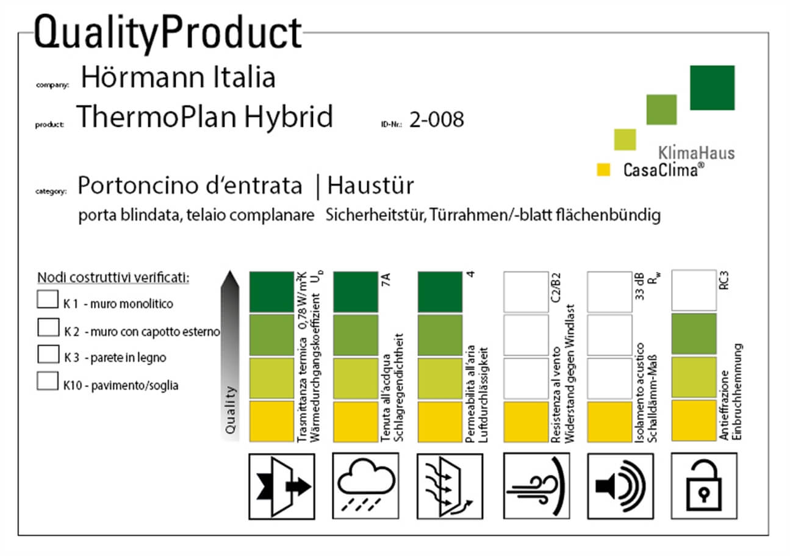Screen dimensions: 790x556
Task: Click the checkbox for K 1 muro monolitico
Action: point(48,299)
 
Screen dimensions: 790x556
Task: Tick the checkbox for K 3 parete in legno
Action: point(48,354)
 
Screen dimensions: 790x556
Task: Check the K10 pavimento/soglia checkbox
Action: point(48,381)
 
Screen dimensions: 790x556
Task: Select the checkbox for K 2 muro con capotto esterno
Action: point(48,327)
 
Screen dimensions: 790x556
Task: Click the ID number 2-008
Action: point(436,119)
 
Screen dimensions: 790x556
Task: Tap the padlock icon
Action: point(704,486)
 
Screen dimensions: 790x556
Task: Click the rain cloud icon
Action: point(366,486)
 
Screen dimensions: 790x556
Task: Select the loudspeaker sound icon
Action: point(620,486)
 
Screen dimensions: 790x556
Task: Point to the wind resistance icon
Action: point(536,486)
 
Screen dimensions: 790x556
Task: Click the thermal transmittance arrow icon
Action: point(282,486)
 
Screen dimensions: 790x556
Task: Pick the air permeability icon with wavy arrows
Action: point(450,486)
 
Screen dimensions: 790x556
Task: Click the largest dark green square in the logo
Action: point(713,88)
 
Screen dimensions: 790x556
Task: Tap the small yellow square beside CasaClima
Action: point(603,169)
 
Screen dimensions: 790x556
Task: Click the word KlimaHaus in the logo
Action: point(697,153)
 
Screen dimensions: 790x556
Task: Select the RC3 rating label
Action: point(724,280)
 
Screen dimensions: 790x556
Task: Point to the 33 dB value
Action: point(639,287)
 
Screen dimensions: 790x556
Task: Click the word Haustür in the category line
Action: point(371,186)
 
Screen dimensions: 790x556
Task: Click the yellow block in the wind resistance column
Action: point(526,421)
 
